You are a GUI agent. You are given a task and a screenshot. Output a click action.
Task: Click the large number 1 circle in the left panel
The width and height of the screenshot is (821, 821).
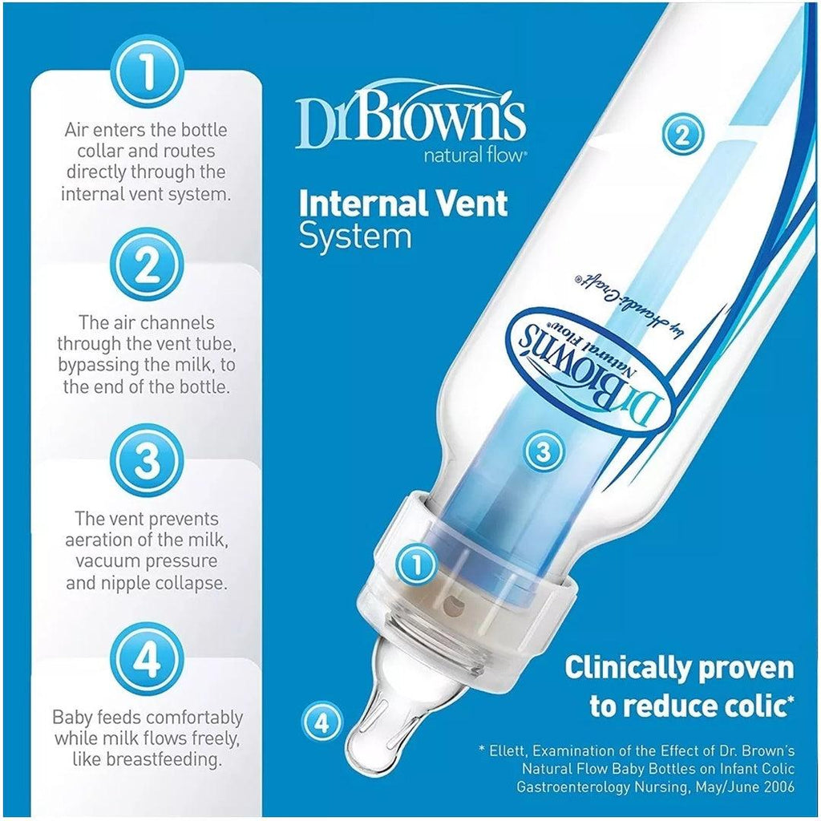149,72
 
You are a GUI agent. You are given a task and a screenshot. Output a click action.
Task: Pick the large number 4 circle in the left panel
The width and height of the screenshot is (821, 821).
149,658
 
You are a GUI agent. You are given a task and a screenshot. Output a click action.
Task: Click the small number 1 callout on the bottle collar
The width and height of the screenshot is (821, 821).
416,564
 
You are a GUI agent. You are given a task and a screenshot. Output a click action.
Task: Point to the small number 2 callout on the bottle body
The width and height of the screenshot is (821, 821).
683,135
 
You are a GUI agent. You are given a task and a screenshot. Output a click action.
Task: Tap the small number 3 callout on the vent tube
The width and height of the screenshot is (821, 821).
544,451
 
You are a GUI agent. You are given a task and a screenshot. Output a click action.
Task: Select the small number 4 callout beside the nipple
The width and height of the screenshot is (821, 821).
323,723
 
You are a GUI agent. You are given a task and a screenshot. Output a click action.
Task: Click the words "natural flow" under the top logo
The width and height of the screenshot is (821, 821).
473,156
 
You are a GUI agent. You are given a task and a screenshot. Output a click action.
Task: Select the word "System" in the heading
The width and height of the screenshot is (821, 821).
355,237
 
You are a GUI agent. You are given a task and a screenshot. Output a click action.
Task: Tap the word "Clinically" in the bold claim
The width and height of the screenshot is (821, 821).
622,668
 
